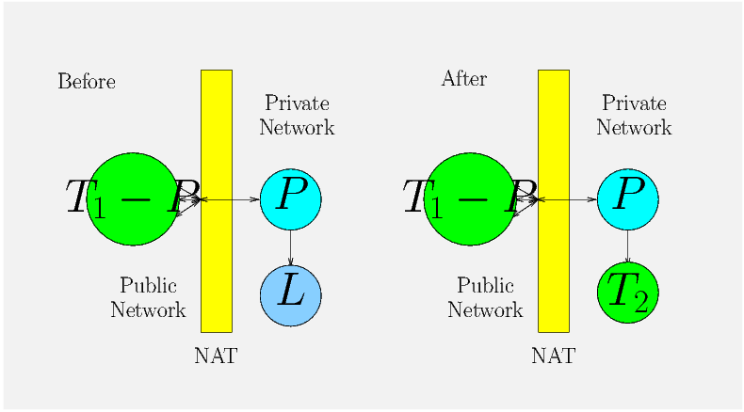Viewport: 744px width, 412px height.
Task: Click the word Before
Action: coord(87,82)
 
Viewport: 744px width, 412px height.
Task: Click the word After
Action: coord(464,79)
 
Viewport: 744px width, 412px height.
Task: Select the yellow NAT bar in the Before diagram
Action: coord(216,273)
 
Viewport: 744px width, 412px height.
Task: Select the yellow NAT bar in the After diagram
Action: coord(553,273)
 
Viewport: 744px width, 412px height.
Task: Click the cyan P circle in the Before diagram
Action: coord(291,198)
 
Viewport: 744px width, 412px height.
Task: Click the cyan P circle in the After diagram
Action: coord(628,198)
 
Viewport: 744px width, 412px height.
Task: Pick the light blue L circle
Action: coord(291,295)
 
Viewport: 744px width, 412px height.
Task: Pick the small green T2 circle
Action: coord(628,293)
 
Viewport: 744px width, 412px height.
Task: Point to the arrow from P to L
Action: coord(291,247)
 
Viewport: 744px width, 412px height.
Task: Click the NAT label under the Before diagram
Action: coord(216,357)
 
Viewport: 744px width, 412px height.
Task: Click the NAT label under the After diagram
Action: coord(553,357)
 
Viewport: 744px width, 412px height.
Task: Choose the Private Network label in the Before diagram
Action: coord(297,116)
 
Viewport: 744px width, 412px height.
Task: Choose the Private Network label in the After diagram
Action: coord(634,116)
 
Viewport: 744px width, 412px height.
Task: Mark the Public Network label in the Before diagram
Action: coord(148,297)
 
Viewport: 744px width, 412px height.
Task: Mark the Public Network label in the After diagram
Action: coord(485,297)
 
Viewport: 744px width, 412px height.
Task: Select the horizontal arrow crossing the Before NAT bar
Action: coord(235,199)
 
